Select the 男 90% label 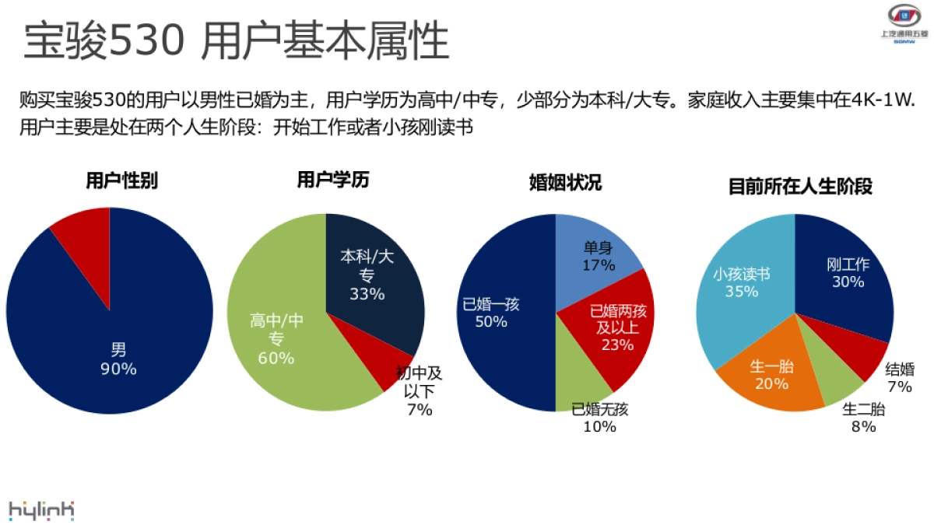118,360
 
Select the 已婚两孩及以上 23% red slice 615,327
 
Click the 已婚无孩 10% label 599,418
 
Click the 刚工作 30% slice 844,272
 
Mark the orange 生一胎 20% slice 771,373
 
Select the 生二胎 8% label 863,418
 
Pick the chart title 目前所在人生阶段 800,187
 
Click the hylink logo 42,509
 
